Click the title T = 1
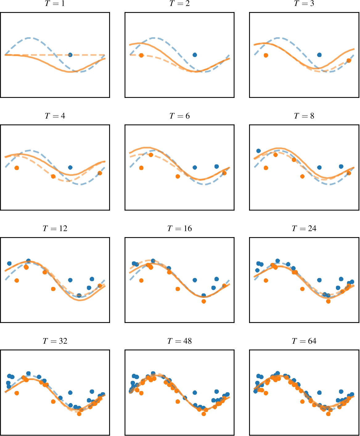point(55,4)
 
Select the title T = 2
point(179,4)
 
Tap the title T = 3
point(304,4)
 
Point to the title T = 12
point(55,229)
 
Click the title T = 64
point(304,341)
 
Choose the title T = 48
point(179,341)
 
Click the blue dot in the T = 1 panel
point(70,55)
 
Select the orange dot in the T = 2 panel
point(141,55)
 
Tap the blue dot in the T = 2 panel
point(195,55)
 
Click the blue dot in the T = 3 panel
point(319,55)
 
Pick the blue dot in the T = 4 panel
point(70,168)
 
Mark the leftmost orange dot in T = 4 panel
point(17,168)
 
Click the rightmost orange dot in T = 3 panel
point(349,61)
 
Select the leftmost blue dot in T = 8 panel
point(259,151)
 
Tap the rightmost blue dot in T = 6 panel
point(216,167)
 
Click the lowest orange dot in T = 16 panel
point(203,301)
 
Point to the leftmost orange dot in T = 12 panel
point(17,280)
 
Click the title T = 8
point(304,116)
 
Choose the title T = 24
point(304,229)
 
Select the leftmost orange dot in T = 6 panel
point(141,168)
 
